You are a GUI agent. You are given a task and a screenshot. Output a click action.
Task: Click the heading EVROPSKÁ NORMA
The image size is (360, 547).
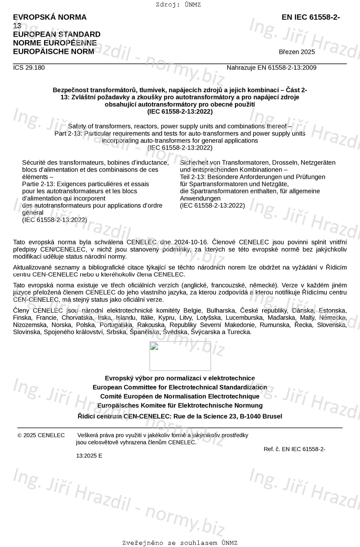[x=50, y=17]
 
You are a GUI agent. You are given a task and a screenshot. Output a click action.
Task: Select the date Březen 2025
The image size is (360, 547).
[x=297, y=52]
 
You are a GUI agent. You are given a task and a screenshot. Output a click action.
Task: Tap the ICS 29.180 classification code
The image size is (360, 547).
[x=29, y=68]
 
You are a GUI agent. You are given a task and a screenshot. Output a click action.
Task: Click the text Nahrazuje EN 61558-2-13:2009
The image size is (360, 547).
[x=271, y=68]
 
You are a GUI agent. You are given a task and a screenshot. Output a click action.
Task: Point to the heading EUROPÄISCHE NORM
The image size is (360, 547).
[x=53, y=52]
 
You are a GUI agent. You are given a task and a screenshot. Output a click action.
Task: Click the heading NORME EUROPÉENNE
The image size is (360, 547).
[x=55, y=43]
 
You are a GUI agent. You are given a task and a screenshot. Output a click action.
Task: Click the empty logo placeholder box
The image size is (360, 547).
[x=180, y=356]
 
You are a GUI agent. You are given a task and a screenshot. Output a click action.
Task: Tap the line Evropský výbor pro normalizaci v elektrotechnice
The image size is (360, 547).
[x=180, y=378]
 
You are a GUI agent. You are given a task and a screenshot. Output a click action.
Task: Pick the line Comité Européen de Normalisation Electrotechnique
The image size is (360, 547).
[x=180, y=396]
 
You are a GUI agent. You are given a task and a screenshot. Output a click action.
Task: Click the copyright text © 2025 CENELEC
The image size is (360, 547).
[x=41, y=435]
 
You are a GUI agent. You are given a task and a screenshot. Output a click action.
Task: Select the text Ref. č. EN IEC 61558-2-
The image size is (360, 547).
[x=294, y=449]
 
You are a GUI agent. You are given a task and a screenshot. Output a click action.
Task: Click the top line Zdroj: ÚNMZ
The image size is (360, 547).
[x=178, y=5]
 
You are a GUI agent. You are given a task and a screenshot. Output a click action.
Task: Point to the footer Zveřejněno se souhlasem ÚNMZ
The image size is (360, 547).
[x=180, y=543]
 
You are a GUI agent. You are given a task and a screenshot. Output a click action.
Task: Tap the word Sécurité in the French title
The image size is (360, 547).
[x=34, y=163]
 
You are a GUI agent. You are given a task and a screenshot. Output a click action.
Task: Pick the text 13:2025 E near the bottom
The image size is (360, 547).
[x=89, y=456]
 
